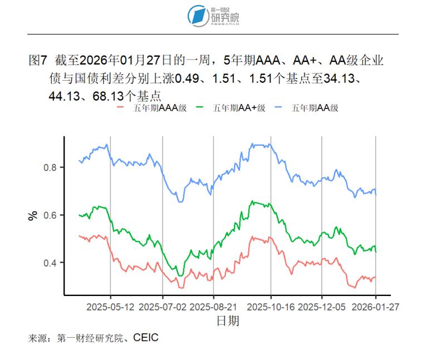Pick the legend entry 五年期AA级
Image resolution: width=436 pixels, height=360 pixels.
tap(310, 108)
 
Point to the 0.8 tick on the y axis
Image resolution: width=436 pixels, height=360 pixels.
tap(51, 167)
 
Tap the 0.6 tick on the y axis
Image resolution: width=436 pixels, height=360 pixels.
tap(51, 215)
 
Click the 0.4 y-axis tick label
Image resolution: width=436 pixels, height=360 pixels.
tap(51, 263)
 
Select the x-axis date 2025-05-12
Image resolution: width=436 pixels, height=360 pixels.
tap(110, 307)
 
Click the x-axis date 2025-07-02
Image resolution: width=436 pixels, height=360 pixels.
tap(163, 307)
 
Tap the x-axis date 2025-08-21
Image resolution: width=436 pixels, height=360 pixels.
tap(214, 307)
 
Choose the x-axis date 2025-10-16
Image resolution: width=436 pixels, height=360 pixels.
tap(271, 307)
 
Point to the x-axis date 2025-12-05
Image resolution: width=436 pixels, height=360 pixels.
tap(322, 307)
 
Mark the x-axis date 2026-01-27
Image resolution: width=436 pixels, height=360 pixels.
tap(375, 307)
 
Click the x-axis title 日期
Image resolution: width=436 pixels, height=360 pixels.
tap(228, 321)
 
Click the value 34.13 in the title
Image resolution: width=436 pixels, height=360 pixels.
tap(340, 78)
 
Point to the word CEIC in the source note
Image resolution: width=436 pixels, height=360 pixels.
tap(145, 338)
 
